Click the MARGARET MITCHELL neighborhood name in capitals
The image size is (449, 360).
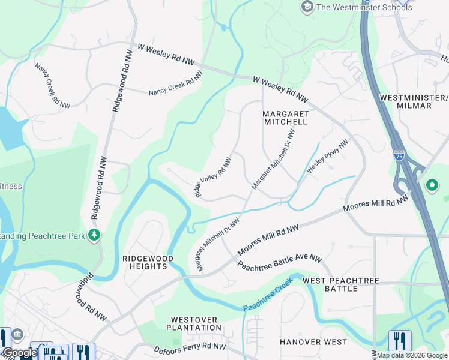[285, 117]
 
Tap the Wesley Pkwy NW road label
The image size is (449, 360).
[327, 157]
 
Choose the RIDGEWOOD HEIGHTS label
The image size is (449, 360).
[148, 262]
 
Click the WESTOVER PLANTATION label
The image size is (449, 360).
[196, 323]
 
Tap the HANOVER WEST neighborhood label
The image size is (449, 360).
[313, 342]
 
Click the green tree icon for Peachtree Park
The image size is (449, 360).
[94, 236]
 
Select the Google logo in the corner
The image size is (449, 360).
[20, 353]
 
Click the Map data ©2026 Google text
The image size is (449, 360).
[412, 355]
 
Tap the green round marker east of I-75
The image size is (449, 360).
[432, 185]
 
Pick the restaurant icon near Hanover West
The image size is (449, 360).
[399, 341]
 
